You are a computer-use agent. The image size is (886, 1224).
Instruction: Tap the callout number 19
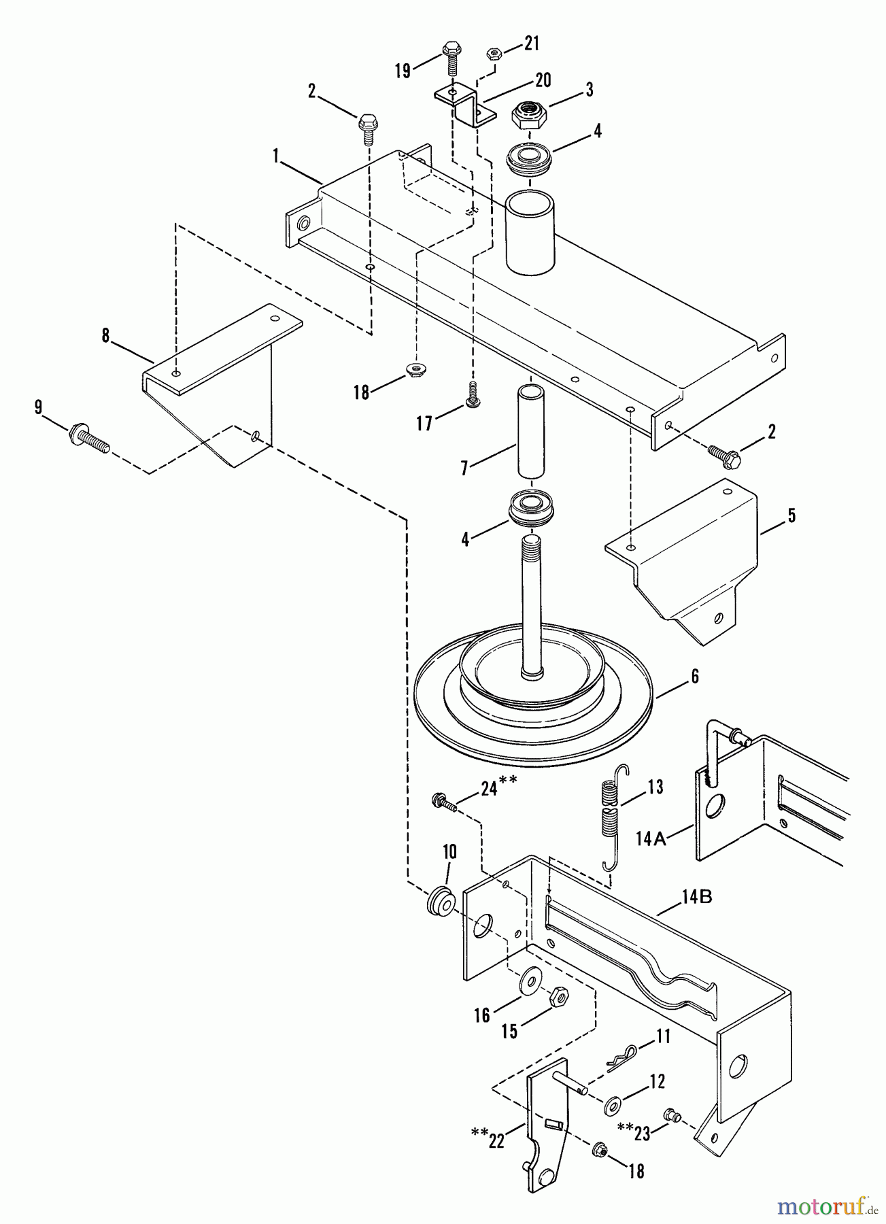coord(403,70)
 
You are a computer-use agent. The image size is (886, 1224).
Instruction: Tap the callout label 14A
coord(651,839)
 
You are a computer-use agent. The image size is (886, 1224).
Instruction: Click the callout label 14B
coord(696,897)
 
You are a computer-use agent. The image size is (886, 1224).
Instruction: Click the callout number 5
coord(791,515)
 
